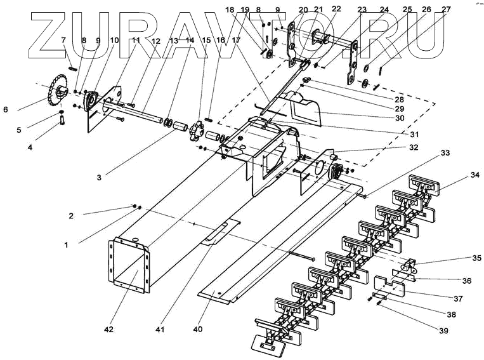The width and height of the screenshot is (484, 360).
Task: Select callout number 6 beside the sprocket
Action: (x=5, y=110)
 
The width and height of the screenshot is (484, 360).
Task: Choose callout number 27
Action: (x=447, y=10)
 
